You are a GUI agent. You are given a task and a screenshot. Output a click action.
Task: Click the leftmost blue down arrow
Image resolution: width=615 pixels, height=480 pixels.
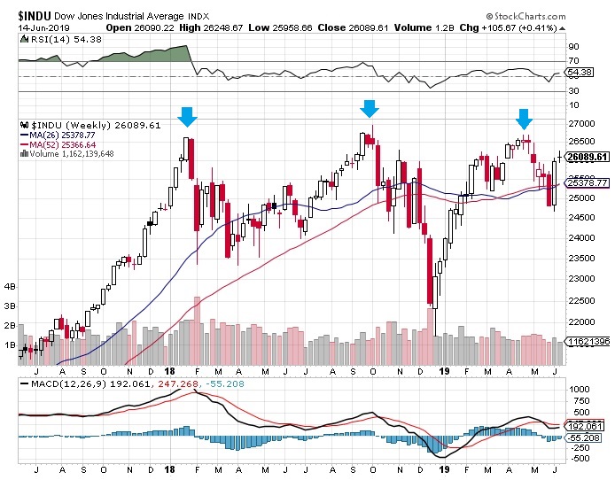tap(187, 116)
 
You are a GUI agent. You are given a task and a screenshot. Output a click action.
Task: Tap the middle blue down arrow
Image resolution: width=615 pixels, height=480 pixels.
tap(370, 108)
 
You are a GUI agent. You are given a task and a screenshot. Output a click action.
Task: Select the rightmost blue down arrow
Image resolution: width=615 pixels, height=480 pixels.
tap(525, 119)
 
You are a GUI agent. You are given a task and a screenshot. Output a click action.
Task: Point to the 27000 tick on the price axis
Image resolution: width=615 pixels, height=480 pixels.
tap(580, 123)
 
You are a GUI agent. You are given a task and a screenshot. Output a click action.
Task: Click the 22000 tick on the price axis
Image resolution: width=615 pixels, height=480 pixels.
tap(580, 322)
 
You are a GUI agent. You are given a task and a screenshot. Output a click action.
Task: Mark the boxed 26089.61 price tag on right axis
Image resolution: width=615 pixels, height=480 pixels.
tap(588, 157)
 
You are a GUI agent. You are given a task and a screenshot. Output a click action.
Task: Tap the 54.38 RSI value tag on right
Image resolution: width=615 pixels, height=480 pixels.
tap(580, 72)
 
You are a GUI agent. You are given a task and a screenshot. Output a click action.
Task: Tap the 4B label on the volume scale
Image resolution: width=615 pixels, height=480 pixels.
tap(12, 287)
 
